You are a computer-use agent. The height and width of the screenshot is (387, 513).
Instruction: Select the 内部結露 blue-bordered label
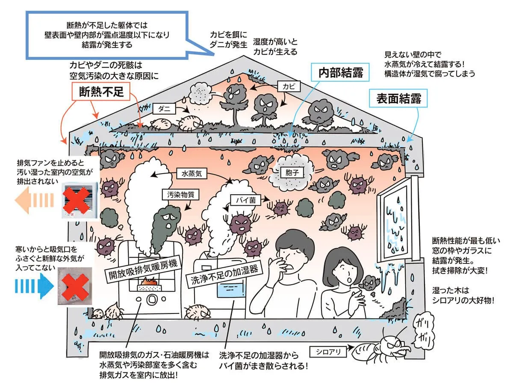coord(341,73)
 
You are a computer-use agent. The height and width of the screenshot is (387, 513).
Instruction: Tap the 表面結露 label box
coord(399,99)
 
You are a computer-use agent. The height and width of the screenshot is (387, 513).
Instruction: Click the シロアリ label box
coord(328,352)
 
